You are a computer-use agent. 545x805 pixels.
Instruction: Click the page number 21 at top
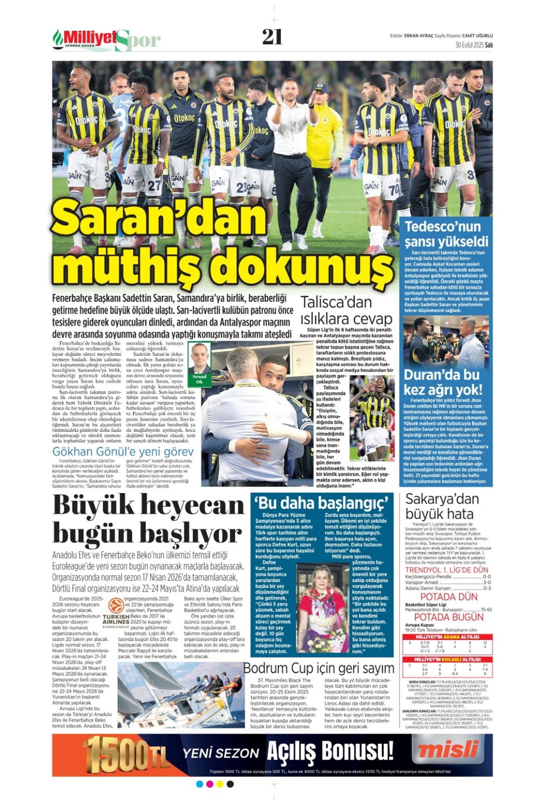(272, 37)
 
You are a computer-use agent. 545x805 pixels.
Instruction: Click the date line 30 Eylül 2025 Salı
(474, 45)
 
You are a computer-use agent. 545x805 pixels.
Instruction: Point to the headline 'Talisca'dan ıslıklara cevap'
(346, 310)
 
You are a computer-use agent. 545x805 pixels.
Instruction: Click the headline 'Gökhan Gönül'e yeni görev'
(123, 452)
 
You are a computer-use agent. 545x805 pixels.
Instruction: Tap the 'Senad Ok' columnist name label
(199, 379)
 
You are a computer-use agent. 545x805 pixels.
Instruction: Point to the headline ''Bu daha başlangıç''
(322, 503)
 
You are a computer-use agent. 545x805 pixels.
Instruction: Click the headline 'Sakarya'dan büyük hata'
(441, 506)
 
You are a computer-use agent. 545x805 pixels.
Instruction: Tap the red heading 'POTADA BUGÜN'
(449, 617)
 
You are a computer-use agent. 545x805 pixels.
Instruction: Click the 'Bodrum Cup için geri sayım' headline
(319, 668)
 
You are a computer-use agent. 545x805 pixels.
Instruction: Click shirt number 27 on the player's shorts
(154, 185)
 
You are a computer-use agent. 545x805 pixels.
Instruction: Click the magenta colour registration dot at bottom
(209, 784)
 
